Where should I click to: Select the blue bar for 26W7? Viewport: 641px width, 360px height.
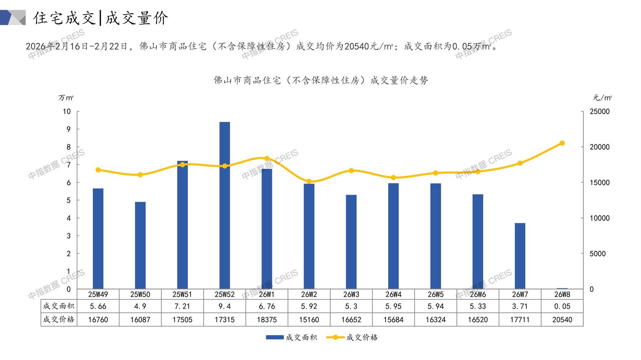click(x=520, y=256)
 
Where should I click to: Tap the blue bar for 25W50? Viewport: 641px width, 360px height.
click(x=140, y=245)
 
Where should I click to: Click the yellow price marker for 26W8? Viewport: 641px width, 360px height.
click(x=562, y=143)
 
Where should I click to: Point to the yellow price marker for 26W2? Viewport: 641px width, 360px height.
click(x=309, y=181)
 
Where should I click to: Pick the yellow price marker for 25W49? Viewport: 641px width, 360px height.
click(x=98, y=170)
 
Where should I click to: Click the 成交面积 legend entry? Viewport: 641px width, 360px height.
click(x=291, y=337)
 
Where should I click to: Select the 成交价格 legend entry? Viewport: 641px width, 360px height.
click(x=352, y=337)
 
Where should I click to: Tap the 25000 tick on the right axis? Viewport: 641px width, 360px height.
click(x=600, y=112)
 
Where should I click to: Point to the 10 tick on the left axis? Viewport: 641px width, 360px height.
click(x=67, y=112)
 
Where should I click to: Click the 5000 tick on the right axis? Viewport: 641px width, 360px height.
click(x=597, y=254)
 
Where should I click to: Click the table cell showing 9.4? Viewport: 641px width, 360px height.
click(x=225, y=306)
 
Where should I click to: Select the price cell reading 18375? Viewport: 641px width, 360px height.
click(x=267, y=320)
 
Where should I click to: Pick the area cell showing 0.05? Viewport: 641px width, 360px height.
click(x=562, y=306)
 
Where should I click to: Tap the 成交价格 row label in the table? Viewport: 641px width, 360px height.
click(x=59, y=320)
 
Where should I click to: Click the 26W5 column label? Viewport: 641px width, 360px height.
click(x=436, y=294)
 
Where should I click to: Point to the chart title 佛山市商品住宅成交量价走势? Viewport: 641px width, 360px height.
click(x=321, y=80)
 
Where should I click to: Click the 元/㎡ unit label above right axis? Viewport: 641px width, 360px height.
click(x=602, y=98)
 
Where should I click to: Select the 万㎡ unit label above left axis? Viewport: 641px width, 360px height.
click(x=66, y=98)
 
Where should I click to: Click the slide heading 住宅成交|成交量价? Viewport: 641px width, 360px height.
click(x=101, y=18)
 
